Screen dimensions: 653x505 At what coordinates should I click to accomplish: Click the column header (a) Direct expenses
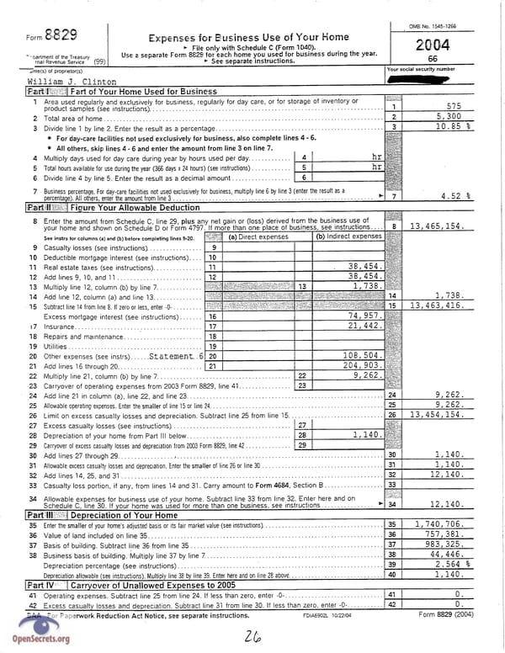pos(258,236)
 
